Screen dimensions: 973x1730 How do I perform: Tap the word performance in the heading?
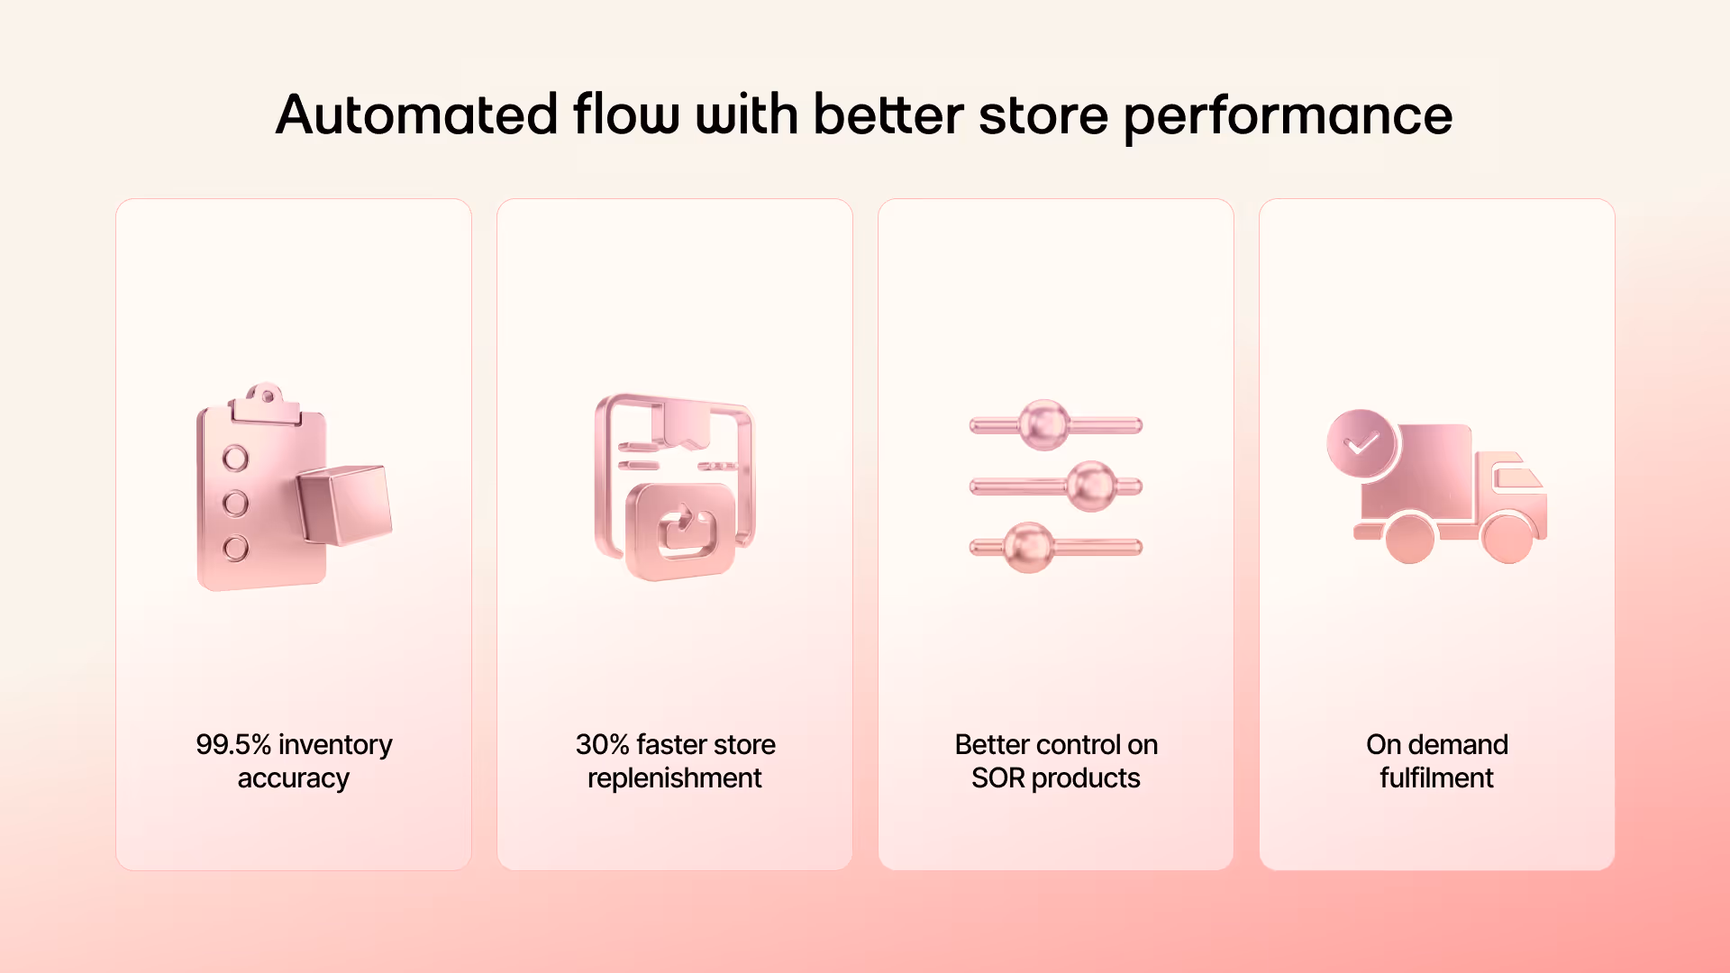click(1288, 117)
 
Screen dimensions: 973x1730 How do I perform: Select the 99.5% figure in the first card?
click(233, 745)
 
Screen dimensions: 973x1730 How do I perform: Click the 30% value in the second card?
click(602, 745)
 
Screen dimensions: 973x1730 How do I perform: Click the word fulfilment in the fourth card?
click(1436, 778)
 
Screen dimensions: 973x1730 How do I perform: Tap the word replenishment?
click(674, 778)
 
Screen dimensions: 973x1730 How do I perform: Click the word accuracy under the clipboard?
click(293, 778)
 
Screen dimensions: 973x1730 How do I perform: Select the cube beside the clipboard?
click(344, 505)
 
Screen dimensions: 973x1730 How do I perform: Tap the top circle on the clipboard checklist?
click(235, 459)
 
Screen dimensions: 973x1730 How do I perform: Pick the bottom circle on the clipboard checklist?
click(235, 548)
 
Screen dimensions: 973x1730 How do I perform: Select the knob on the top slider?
click(1044, 424)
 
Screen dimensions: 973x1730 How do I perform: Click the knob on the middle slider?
click(1091, 486)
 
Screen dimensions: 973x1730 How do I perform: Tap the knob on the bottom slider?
click(1028, 547)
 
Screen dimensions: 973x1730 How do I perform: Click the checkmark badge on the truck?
click(1361, 443)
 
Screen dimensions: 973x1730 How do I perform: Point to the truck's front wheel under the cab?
click(1507, 537)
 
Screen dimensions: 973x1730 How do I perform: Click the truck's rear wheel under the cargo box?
click(1409, 538)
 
